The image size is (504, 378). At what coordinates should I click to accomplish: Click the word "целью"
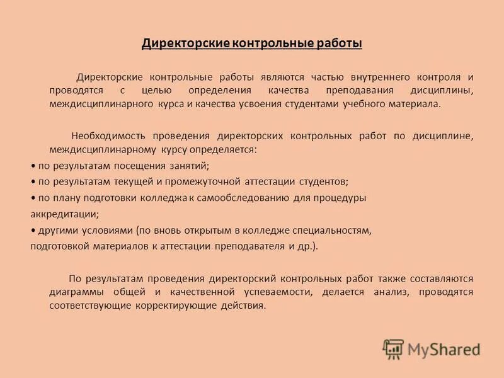[x=152, y=91]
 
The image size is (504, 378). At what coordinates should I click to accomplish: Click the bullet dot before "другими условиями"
[x=33, y=231]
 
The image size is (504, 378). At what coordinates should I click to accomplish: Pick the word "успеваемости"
[x=283, y=292]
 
